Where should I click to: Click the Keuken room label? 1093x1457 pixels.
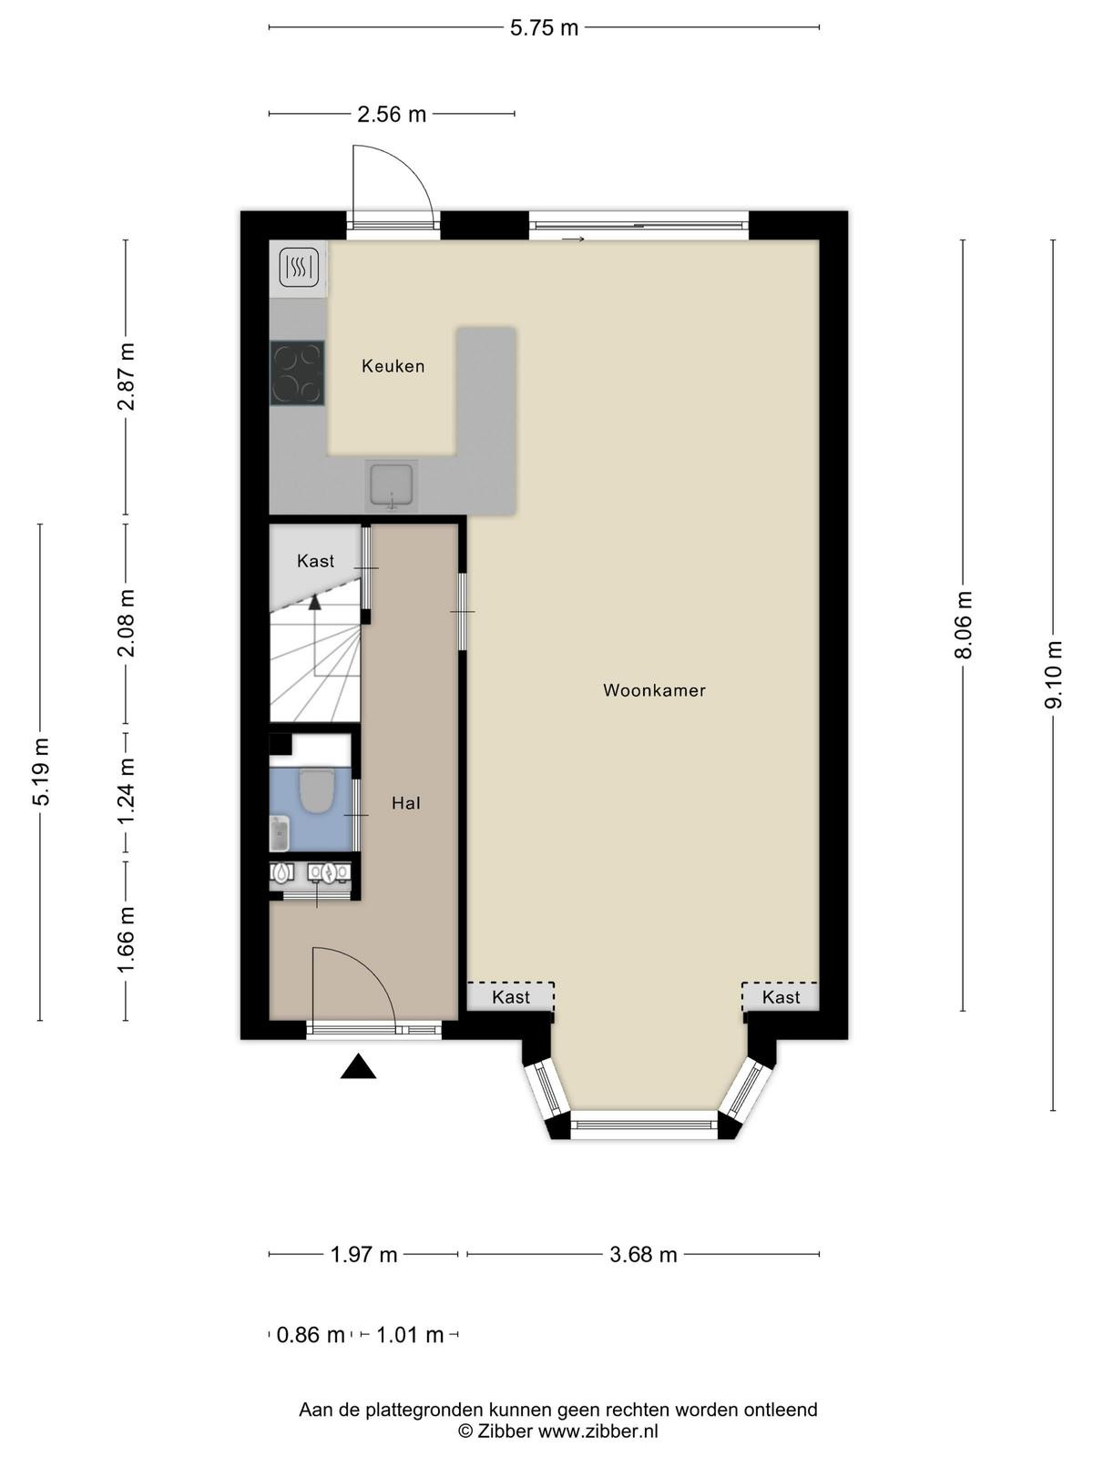393,366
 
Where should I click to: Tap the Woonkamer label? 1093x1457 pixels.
654,690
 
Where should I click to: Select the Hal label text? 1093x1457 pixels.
405,803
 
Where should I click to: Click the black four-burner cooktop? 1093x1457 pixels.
297,373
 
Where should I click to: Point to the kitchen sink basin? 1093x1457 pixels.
392,485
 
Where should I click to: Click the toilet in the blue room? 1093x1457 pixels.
315,790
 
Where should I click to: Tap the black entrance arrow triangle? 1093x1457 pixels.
358,1066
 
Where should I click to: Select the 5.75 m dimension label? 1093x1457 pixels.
544,28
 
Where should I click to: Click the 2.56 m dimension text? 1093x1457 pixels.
392,114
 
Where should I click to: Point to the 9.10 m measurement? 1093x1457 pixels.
1053,675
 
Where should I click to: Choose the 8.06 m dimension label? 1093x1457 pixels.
963,625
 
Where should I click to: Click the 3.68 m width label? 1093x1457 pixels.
643,1255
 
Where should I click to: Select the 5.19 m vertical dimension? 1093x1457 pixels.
40,771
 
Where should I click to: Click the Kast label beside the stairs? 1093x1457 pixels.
315,561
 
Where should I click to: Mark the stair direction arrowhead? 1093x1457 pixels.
314,602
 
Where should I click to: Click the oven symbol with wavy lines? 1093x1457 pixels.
298,268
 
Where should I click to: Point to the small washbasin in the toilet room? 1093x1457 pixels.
280,834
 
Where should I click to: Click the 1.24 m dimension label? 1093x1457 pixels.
126,792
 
